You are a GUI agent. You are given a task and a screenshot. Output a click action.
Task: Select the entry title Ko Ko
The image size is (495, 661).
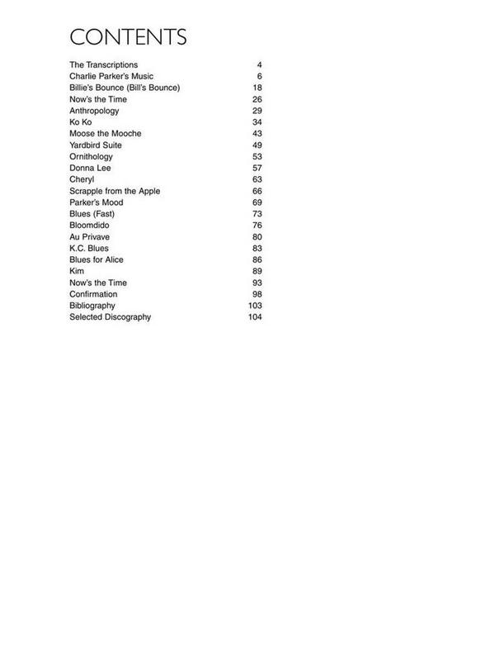pos(80,122)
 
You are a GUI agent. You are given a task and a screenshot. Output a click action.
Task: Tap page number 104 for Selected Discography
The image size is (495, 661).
pos(254,317)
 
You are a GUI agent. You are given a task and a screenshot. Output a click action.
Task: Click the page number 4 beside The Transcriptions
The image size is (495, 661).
pos(259,64)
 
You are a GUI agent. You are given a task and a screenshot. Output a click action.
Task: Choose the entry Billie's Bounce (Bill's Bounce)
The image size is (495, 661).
pos(125,88)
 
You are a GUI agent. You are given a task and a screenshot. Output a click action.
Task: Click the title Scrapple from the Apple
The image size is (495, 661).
pos(115,191)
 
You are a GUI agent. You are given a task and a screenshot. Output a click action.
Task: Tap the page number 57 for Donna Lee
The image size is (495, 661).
pos(257,168)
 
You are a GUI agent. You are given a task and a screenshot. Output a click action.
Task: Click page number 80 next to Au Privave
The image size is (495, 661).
pos(257,237)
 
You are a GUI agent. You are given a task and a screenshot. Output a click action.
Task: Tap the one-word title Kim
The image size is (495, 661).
pos(77,271)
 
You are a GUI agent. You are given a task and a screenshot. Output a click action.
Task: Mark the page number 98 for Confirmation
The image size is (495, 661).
pos(257,294)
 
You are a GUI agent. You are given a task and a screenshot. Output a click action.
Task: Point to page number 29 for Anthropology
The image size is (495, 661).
pos(257,111)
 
